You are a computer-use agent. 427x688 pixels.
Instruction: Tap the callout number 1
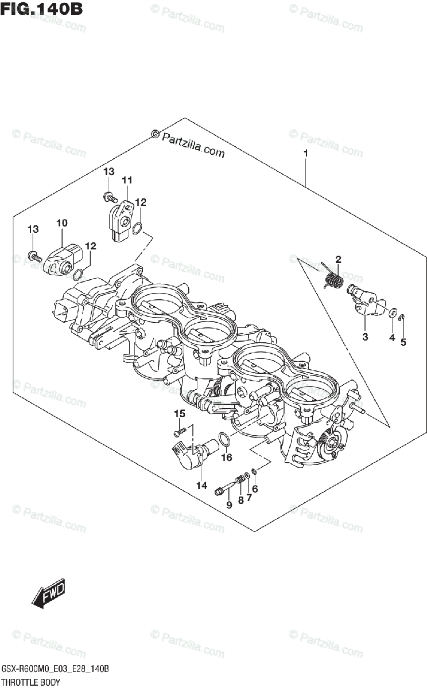(306, 154)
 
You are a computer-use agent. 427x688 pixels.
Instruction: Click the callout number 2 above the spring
(338, 260)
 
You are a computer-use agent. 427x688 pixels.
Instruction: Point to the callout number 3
(364, 337)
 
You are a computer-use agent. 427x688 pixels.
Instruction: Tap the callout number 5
(403, 343)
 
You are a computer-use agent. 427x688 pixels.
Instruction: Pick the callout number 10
(62, 222)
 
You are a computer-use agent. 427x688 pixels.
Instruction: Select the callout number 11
(126, 180)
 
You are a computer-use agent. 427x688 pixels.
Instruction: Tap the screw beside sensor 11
(107, 197)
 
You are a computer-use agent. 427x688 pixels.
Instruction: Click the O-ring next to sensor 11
(137, 229)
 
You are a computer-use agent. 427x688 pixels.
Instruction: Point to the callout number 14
(201, 486)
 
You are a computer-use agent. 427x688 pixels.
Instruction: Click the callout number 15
(180, 414)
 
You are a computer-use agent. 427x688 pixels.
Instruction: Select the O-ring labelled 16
(226, 440)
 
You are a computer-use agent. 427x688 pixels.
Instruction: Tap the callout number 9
(228, 505)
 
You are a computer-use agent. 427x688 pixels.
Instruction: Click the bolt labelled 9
(223, 490)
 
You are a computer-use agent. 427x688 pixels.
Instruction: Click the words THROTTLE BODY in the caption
(31, 681)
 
